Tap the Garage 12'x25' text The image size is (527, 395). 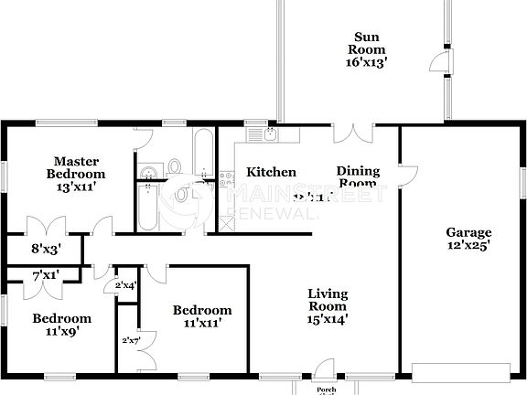click(x=468, y=239)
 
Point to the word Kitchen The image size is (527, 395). click(x=271, y=172)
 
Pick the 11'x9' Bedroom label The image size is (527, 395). click(x=62, y=325)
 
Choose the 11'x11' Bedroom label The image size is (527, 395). click(x=202, y=316)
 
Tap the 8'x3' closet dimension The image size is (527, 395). click(x=47, y=247)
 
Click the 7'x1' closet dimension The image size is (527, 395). click(x=46, y=275)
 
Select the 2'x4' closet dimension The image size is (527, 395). click(x=125, y=286)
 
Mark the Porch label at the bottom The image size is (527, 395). click(x=327, y=389)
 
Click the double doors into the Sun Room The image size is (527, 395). click(x=352, y=132)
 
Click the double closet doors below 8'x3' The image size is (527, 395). click(x=46, y=226)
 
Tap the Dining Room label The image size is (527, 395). click(x=358, y=176)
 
